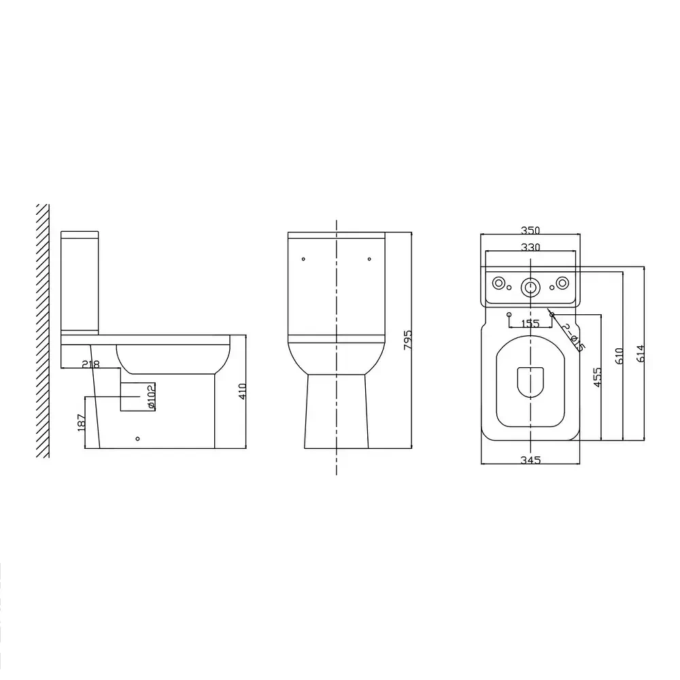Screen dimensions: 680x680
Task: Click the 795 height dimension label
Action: pyautogui.click(x=407, y=339)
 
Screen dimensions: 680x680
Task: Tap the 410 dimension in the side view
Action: pyautogui.click(x=243, y=391)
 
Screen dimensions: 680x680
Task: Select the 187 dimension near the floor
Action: pyautogui.click(x=81, y=422)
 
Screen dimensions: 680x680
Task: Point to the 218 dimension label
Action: pyautogui.click(x=91, y=364)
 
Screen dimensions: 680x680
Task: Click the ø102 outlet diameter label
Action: pyautogui.click(x=151, y=396)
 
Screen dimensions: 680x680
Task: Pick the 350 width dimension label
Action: pyautogui.click(x=530, y=231)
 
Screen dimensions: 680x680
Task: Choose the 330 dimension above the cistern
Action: pyautogui.click(x=530, y=248)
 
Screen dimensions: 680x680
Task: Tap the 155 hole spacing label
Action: pyautogui.click(x=530, y=324)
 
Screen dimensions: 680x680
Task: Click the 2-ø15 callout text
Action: pyautogui.click(x=573, y=337)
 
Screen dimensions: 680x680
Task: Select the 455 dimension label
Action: pyautogui.click(x=597, y=377)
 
